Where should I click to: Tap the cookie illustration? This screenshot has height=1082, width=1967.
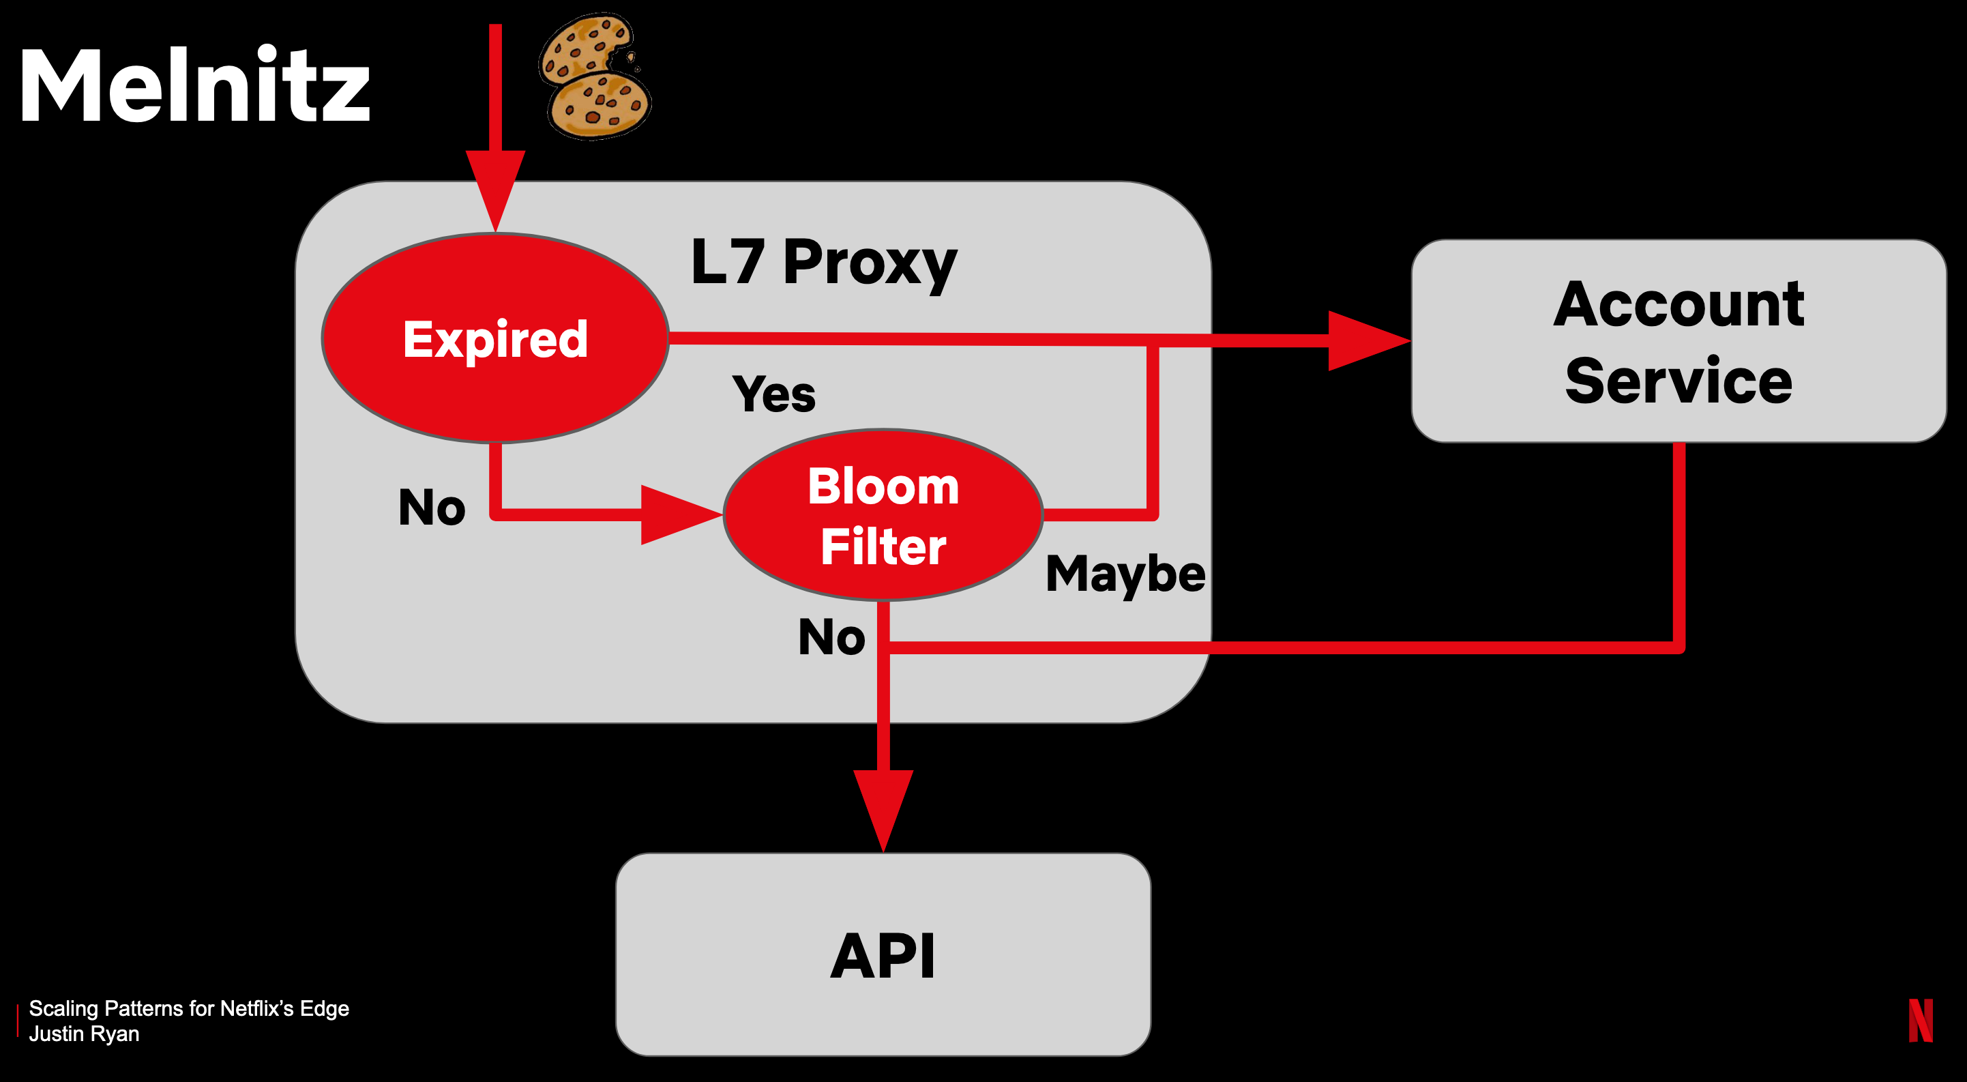(595, 76)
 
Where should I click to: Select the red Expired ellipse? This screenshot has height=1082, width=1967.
(494, 338)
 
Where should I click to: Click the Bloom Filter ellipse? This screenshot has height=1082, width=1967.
(883, 516)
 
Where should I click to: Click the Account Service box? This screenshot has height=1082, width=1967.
(1678, 340)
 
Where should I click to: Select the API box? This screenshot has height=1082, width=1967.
(883, 954)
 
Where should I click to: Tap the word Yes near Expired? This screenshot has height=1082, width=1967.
(773, 394)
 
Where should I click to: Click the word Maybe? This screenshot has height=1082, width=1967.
(1125, 574)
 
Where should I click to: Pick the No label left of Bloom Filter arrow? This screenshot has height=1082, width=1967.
(432, 507)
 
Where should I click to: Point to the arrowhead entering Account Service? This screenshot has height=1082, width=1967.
(1367, 340)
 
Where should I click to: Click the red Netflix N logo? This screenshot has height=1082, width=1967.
(1920, 1020)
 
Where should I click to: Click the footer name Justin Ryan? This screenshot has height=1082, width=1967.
(84, 1034)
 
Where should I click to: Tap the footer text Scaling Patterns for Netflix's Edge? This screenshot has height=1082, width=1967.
(189, 1009)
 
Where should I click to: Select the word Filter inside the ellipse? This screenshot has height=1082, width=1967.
(883, 546)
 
